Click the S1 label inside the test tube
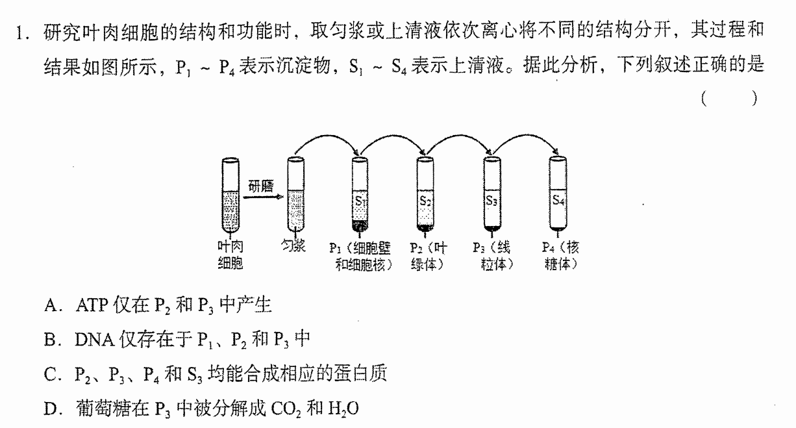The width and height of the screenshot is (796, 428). [360, 201]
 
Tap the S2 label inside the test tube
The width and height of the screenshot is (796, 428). [425, 201]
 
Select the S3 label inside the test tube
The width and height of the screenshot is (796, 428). [491, 201]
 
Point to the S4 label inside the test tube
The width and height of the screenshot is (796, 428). [558, 201]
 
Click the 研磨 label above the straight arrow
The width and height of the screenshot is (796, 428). [261, 186]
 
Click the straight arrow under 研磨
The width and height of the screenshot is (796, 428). [264, 197]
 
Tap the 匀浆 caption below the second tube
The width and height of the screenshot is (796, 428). [293, 245]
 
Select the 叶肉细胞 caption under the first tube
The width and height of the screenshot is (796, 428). [230, 255]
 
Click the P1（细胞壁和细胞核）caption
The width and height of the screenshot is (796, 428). [361, 256]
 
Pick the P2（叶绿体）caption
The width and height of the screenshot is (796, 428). [429, 256]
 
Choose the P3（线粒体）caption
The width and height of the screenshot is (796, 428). [493, 256]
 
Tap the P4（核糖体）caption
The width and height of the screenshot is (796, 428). [560, 256]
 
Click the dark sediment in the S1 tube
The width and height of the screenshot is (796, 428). [360, 225]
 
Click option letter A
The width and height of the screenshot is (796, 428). [51, 305]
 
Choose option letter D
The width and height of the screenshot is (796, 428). [51, 409]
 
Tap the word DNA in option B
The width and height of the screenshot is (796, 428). [95, 340]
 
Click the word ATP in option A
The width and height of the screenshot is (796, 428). [92, 305]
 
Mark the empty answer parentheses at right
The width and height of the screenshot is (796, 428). [729, 99]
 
